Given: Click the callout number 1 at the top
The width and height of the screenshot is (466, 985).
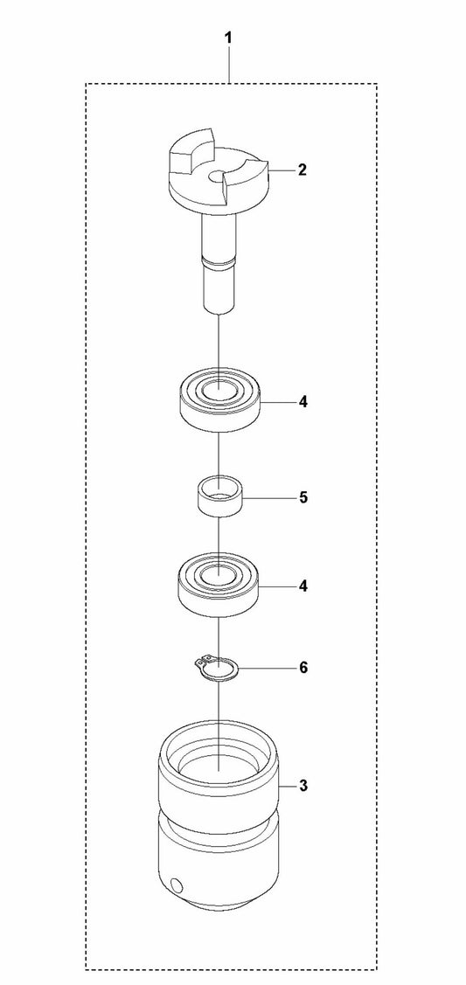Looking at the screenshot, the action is (228, 38).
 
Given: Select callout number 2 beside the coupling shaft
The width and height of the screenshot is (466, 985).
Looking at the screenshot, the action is (303, 170).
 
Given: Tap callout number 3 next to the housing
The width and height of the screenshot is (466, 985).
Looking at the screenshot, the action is (303, 786).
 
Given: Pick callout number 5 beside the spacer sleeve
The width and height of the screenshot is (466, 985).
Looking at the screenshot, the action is (303, 497).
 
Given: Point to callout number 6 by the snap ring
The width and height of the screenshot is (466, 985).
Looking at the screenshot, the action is (303, 668).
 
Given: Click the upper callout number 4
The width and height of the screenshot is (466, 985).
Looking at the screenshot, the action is (303, 401).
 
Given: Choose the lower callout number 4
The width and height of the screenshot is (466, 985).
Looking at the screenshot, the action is (303, 586).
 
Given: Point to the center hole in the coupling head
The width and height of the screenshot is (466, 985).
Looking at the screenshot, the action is (218, 177).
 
